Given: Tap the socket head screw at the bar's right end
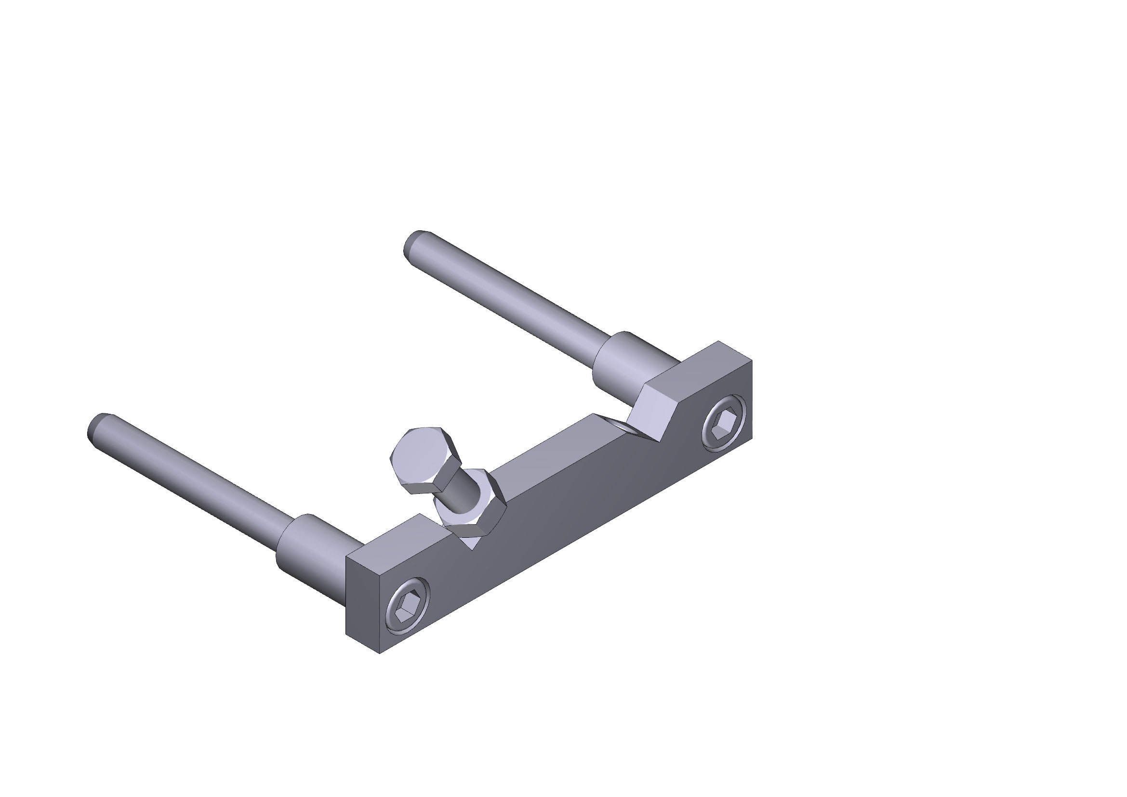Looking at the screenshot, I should [x=724, y=422].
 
